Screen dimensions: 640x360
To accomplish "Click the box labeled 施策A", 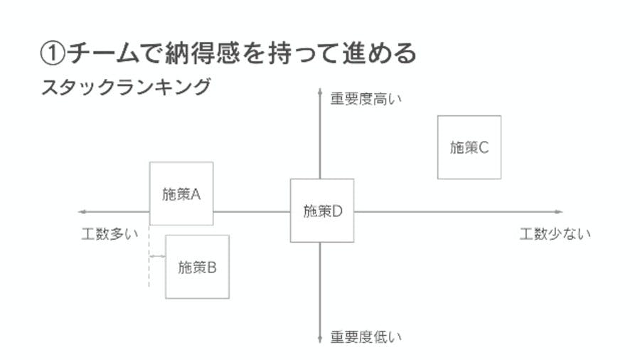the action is (x=181, y=194).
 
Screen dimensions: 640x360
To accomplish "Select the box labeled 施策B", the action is (x=197, y=267).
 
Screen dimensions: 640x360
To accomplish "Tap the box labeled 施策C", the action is (x=469, y=147).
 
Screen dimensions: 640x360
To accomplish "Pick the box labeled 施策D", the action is (x=322, y=211).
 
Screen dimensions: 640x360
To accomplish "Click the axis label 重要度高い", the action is (x=366, y=99).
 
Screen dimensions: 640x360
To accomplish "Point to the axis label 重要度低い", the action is (x=366, y=337).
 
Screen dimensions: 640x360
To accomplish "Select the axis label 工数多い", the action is (x=110, y=234).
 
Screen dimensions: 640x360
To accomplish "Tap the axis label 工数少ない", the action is (x=555, y=234).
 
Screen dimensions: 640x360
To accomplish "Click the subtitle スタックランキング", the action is (x=126, y=87).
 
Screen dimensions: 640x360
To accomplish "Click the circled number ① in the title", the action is (x=53, y=53).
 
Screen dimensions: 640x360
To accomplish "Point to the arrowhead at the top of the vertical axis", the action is (x=320, y=92).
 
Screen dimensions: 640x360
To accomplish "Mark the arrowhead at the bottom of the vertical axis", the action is (x=320, y=339).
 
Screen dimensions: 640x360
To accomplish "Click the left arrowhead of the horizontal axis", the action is (x=82, y=212).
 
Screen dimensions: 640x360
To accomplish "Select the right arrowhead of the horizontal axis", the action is (x=559, y=212).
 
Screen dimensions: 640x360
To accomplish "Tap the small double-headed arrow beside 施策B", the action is (x=157, y=256).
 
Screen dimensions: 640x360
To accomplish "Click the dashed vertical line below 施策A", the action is (x=149, y=256).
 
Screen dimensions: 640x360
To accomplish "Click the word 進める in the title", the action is (x=379, y=53).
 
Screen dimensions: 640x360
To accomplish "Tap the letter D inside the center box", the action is (x=337, y=211).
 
